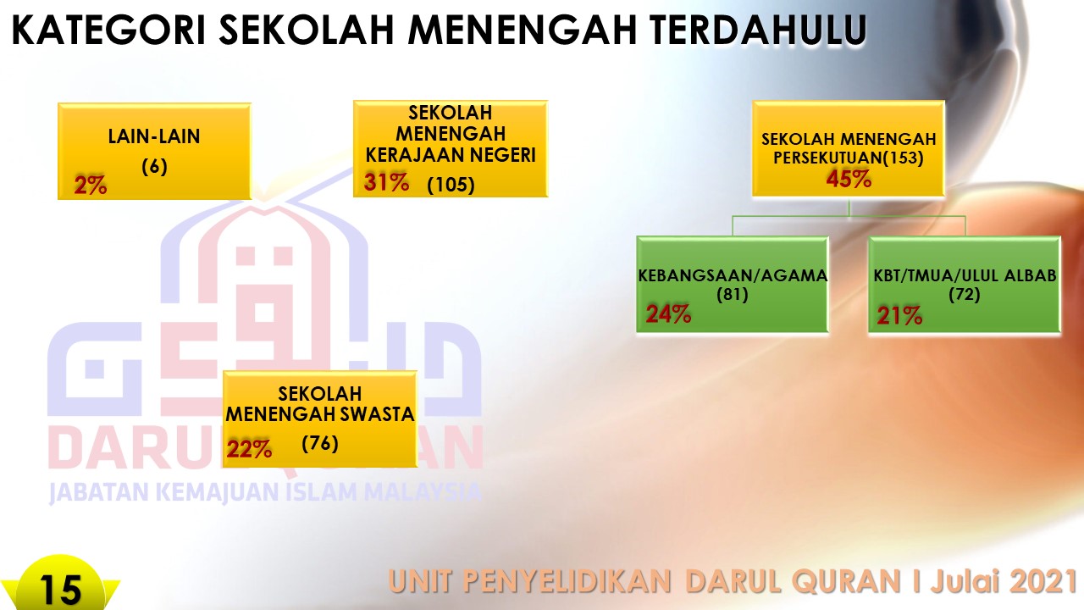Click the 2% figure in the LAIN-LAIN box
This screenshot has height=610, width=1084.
tap(91, 185)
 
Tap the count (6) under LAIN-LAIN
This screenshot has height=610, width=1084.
tap(154, 167)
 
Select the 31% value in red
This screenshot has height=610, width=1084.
tap(386, 182)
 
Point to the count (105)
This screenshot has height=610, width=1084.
tap(451, 185)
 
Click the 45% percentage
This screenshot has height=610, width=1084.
tap(849, 179)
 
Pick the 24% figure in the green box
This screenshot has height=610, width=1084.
tap(668, 313)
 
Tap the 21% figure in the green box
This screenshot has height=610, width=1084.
tap(899, 315)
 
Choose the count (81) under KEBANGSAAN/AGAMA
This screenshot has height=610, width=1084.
tap(733, 294)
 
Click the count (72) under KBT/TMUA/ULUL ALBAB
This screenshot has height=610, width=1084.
tap(964, 294)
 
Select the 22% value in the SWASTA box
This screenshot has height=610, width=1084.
tap(249, 449)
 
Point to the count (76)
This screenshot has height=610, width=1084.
tap(320, 443)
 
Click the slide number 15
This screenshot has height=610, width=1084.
tap(60, 591)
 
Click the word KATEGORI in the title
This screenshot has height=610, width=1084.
tap(109, 30)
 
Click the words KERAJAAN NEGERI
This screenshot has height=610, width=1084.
tap(451, 155)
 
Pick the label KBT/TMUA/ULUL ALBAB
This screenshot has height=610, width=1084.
tap(965, 275)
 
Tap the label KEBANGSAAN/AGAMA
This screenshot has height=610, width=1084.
tap(733, 275)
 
